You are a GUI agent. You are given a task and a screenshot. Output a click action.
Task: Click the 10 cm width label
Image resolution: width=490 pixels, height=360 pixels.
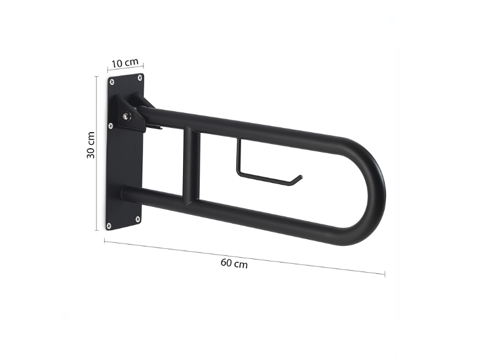[125, 63]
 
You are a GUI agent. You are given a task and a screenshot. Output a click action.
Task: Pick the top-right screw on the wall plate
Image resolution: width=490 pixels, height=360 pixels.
[140, 77]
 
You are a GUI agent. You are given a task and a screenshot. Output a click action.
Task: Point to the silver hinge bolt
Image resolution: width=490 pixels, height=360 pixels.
[127, 116]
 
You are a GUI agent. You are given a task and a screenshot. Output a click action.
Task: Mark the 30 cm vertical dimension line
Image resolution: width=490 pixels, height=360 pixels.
[98, 152]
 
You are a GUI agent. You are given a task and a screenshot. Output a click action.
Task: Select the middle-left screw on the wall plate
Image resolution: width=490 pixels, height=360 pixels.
[109, 126]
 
